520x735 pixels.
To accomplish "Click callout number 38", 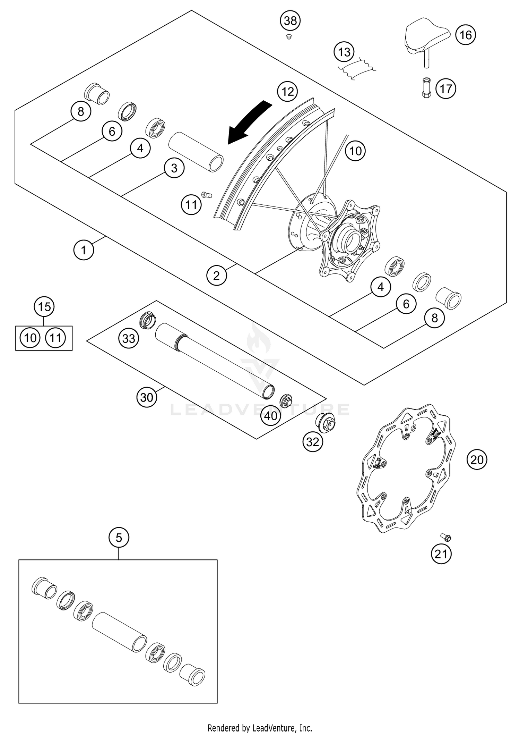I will (x=290, y=21).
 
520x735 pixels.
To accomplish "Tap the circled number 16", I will (x=466, y=35).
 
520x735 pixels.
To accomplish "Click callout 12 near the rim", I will (x=287, y=92).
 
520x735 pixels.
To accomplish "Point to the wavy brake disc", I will (x=407, y=468).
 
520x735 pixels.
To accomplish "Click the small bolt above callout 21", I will (x=447, y=538).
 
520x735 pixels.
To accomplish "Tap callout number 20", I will (x=477, y=459).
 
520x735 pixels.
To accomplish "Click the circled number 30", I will (x=147, y=397).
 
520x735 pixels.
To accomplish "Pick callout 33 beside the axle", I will (x=129, y=338).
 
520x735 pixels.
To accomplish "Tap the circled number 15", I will (x=44, y=307).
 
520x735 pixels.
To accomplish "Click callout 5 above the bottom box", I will (x=119, y=538).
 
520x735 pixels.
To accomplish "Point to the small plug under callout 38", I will (x=288, y=37).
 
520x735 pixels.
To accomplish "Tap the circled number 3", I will (x=174, y=168).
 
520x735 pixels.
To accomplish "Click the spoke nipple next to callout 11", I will (x=207, y=195).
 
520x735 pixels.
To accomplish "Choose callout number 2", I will (x=216, y=276).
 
